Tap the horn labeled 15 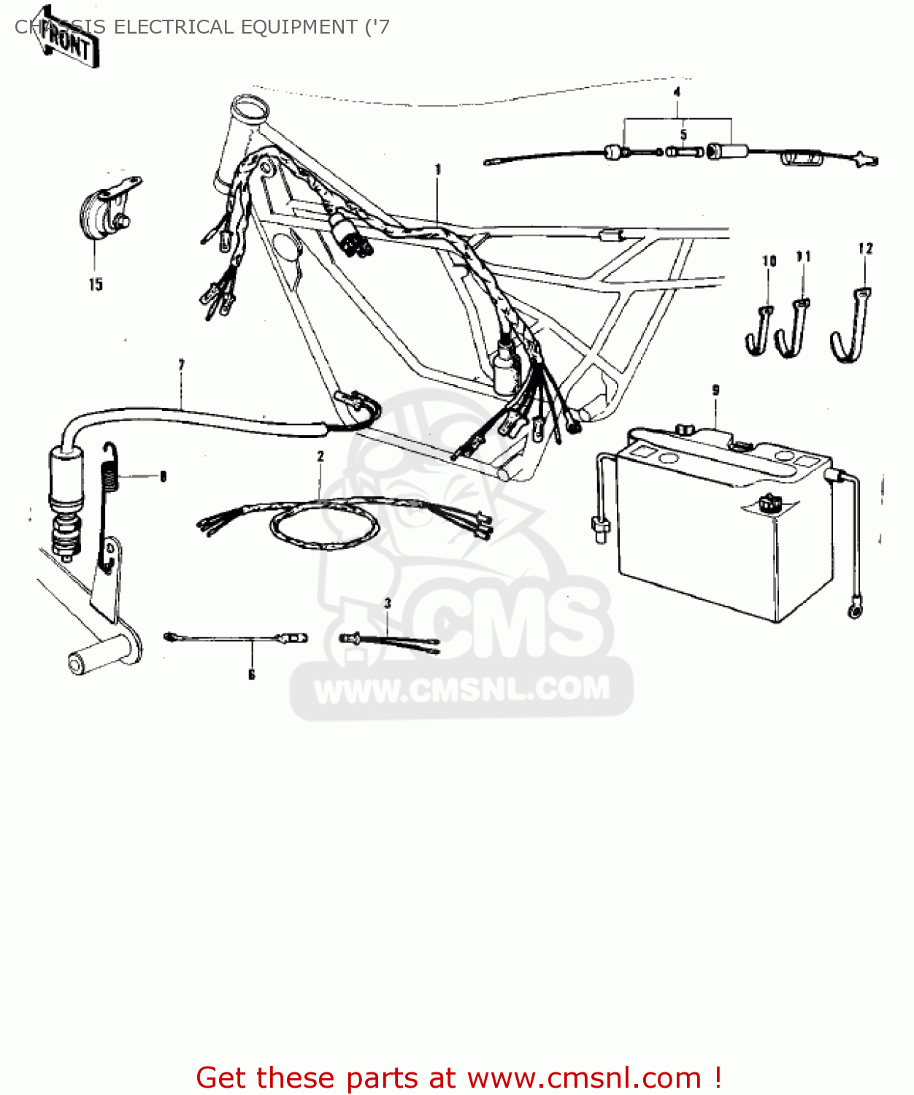(x=102, y=209)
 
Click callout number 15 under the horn (x=96, y=285)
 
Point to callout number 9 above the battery (x=715, y=391)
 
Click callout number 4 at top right (x=677, y=93)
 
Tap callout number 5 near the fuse (x=683, y=135)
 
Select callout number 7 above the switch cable (x=181, y=364)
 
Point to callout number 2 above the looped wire (x=320, y=456)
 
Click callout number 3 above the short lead (x=388, y=603)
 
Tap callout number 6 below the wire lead (x=251, y=675)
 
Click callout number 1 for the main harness (x=438, y=169)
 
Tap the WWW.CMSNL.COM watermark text (x=461, y=689)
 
